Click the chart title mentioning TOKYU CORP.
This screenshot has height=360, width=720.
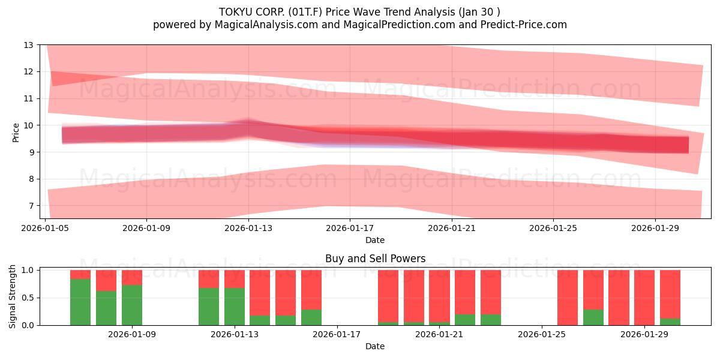pos(359,12)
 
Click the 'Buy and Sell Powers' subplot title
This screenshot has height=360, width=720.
pos(375,259)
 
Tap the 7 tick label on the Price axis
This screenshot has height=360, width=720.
pos(31,206)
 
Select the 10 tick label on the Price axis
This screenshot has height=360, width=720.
pos(29,125)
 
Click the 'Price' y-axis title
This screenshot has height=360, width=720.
pos(16,133)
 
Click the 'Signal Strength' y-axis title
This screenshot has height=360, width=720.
pos(12,296)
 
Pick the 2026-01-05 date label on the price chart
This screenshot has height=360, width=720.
pos(45,228)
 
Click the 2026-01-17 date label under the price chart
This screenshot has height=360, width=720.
pos(350,228)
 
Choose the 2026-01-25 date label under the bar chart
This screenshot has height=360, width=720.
pos(542,334)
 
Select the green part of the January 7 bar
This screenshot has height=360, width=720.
pos(80,302)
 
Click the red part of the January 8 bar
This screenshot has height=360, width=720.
pos(106,281)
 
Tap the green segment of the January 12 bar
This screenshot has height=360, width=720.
pos(209,307)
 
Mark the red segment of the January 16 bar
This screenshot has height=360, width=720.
pos(311,290)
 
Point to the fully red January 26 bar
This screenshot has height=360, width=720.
pos(568,298)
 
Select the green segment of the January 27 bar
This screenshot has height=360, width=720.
pos(593,317)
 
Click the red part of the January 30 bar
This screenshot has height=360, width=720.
pos(670,295)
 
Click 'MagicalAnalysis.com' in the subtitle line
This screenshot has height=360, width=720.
pos(266,25)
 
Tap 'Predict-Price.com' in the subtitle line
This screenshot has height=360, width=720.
pos(524,25)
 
